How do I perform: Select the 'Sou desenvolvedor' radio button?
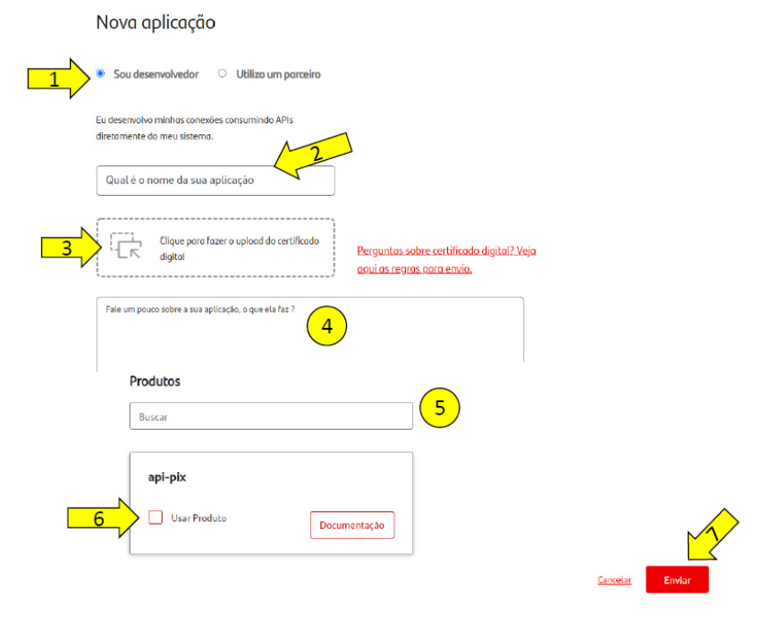point(101,73)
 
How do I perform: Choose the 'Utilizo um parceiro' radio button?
point(223,73)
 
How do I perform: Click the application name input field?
point(216,181)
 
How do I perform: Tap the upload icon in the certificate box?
point(126,245)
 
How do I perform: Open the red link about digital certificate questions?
point(446,259)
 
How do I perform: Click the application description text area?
point(309,333)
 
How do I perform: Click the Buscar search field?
point(271,416)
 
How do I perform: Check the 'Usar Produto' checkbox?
point(156,517)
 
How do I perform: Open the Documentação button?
point(352,525)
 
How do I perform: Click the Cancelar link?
point(614,580)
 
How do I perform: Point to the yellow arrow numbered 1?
point(59,79)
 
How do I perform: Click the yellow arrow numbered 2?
point(313,155)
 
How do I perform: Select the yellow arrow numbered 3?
point(72,248)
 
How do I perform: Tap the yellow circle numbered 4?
point(326,325)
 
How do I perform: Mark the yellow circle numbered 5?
point(439,408)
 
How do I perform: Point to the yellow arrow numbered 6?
point(104,518)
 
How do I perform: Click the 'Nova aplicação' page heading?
point(156,22)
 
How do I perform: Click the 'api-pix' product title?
point(167,477)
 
